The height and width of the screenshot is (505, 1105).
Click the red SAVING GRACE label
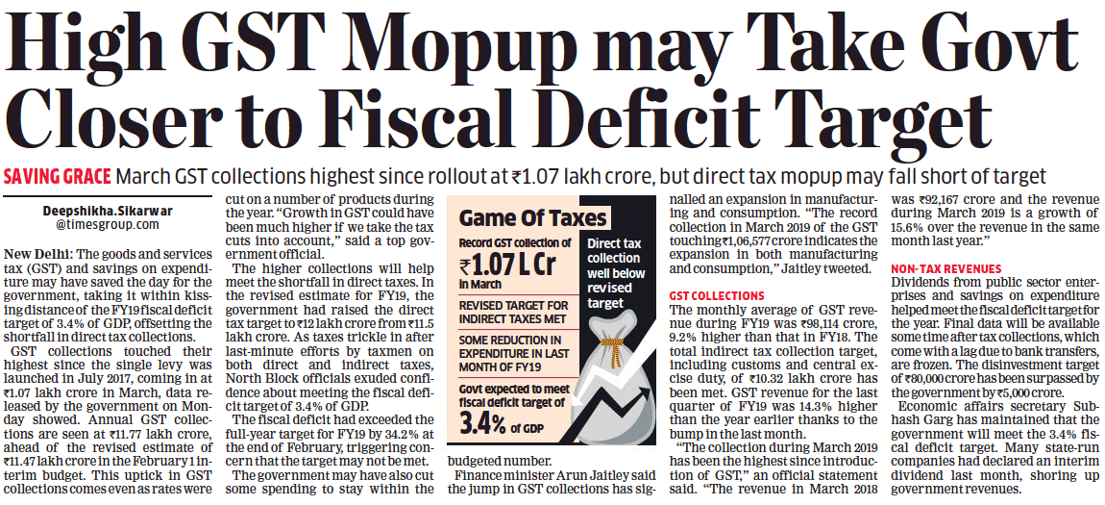point(57,177)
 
